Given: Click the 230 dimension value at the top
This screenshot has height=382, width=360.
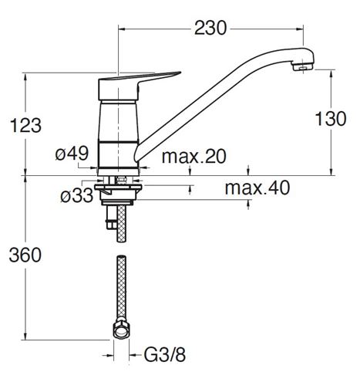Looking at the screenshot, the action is point(210,28).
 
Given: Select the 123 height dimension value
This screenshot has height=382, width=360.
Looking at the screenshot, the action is point(25,125).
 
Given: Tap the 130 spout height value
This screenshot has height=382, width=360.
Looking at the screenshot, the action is point(331,119).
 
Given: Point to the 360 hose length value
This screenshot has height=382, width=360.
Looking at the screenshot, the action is point(25,255).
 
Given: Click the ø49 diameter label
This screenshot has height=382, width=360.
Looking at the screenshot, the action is point(72,154).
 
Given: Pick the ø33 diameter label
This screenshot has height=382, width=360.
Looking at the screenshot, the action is point(77,195).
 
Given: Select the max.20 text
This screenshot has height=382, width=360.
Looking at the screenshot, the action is point(194,156).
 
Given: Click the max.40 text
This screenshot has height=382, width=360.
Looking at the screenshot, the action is point(257,188).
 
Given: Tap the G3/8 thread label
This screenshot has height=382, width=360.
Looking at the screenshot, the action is point(165,355).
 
